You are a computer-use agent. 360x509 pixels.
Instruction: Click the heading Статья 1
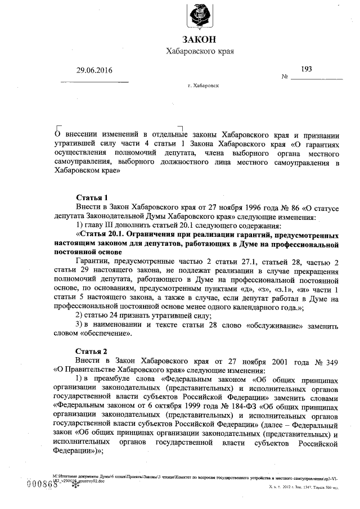(92, 197)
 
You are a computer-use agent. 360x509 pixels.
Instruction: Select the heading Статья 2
(92, 350)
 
